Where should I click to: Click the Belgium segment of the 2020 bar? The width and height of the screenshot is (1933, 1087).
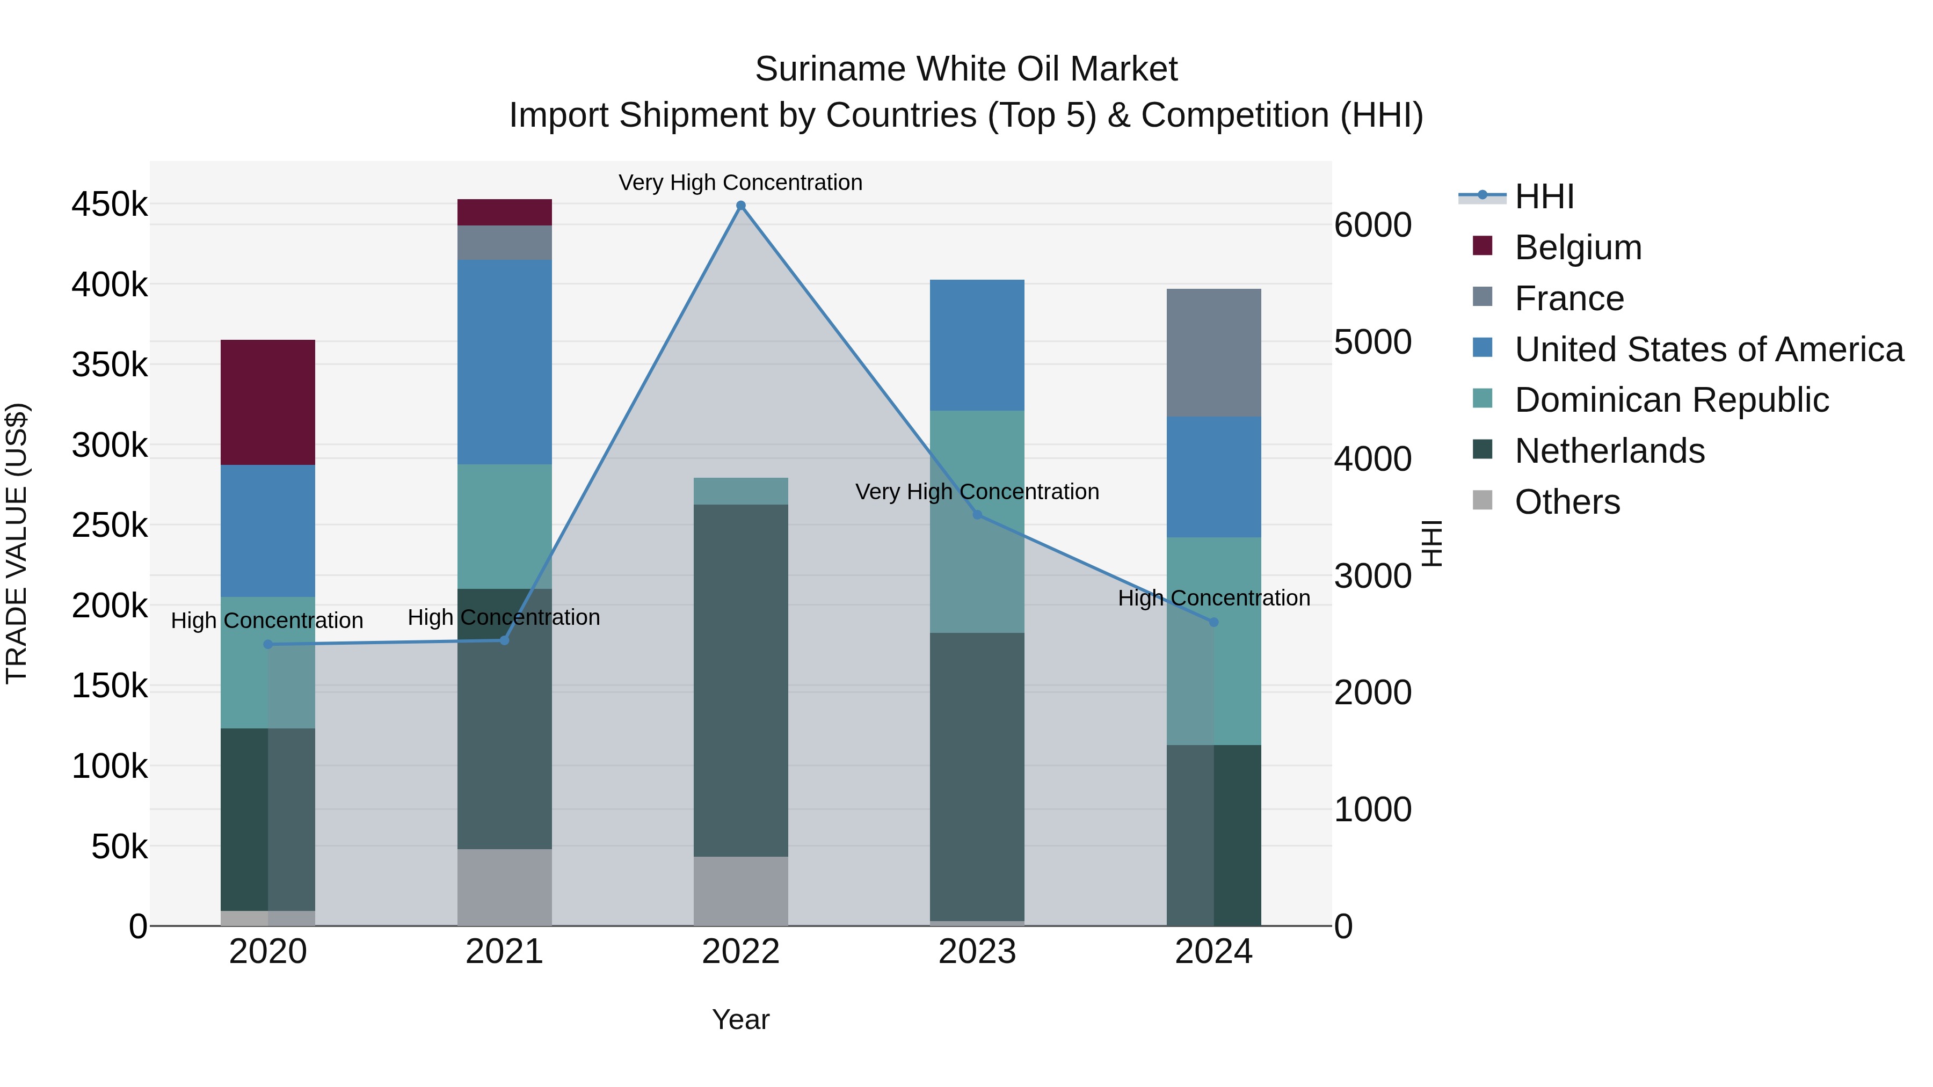coord(267,402)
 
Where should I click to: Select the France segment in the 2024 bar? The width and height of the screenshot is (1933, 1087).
coord(1213,353)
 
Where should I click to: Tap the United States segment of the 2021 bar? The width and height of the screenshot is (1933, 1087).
coord(504,362)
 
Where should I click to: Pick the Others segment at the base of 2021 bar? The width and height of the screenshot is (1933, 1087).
coord(504,887)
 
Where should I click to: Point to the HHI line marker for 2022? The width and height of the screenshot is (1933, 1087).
coord(740,206)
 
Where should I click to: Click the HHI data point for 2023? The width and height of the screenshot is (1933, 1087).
coord(977,515)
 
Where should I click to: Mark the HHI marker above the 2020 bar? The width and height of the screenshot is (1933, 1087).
coord(268,644)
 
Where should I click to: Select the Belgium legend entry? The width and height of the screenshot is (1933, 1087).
coord(1578,247)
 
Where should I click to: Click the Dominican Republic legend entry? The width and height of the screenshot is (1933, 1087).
coord(1671,400)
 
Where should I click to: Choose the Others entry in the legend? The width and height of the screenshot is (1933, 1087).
coord(1567,502)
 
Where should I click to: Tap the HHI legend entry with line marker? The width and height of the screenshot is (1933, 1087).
coord(1544,196)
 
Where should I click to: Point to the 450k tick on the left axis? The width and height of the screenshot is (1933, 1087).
coord(110,204)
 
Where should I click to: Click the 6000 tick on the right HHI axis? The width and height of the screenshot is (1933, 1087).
coord(1372,225)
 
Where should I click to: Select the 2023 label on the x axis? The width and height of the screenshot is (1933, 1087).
coord(977,952)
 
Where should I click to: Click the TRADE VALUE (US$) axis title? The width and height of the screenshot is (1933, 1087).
coord(17,543)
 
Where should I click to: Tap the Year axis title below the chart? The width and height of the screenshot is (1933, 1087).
coord(740,1019)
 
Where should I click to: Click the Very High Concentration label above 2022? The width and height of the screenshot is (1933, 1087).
coord(740,183)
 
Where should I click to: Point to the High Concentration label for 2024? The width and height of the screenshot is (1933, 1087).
coord(1213,598)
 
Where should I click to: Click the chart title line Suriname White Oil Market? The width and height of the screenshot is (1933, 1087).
coord(966,69)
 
